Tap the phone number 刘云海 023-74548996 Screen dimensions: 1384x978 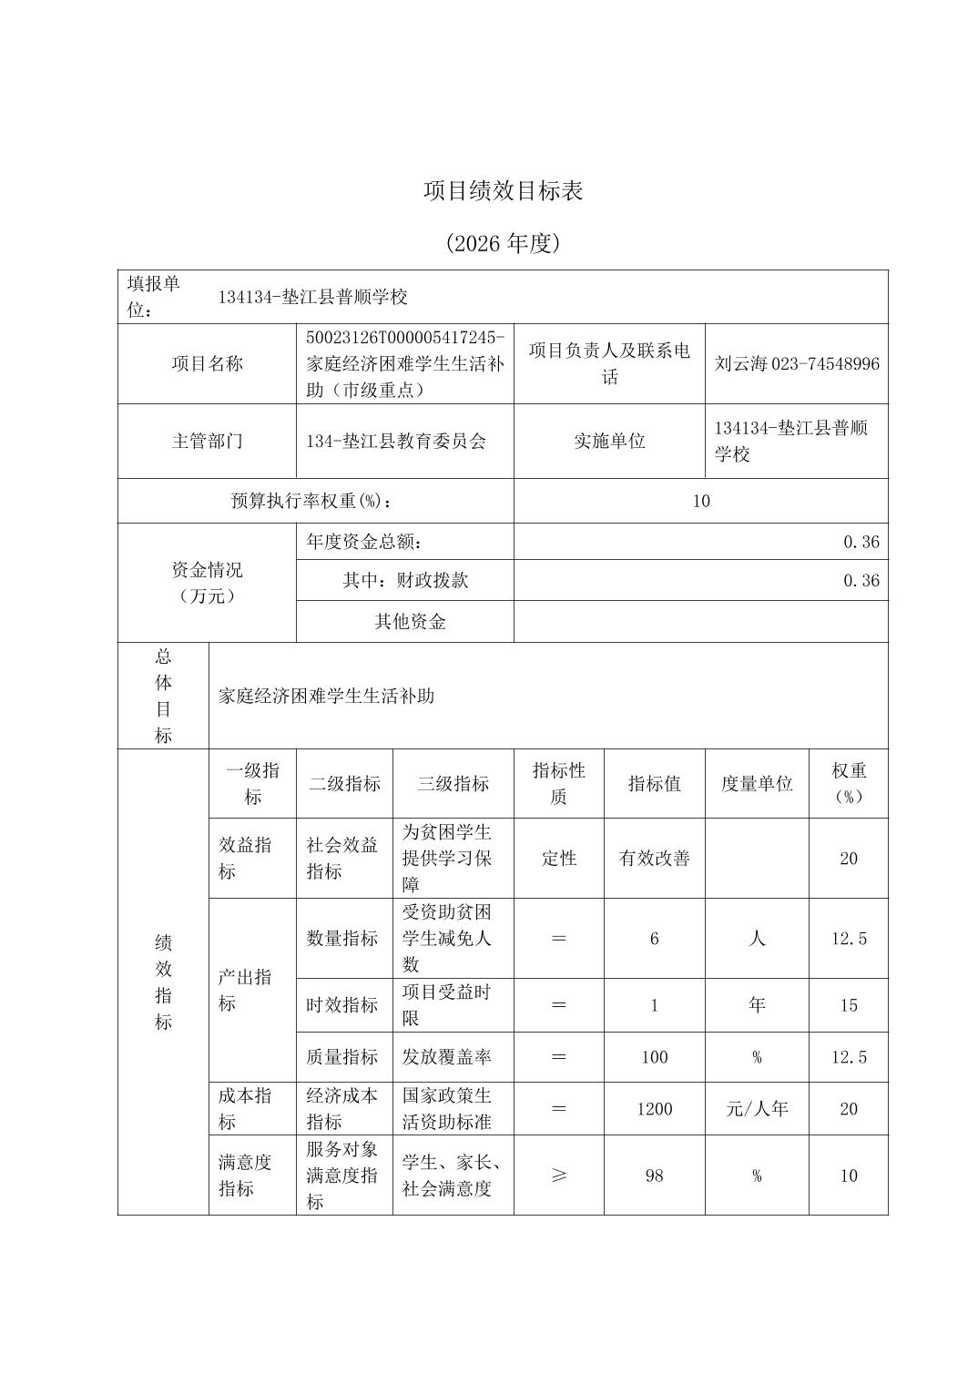click(x=797, y=364)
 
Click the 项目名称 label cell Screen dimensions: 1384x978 click(x=208, y=364)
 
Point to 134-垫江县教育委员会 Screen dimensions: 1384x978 click(x=397, y=442)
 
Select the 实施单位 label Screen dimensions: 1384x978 click(x=609, y=442)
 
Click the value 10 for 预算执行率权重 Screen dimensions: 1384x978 click(x=700, y=501)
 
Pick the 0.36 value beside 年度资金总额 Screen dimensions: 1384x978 click(x=861, y=542)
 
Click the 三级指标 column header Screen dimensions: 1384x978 click(x=453, y=784)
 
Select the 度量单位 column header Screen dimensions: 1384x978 click(x=757, y=784)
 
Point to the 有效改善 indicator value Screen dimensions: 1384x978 click(x=654, y=859)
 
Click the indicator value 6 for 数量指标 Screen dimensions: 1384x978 click(x=654, y=939)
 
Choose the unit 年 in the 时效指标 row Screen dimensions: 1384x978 click(x=757, y=1005)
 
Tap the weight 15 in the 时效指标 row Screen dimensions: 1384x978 click(x=848, y=1005)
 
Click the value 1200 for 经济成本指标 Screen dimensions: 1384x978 click(x=654, y=1109)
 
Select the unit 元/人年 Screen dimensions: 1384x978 click(x=757, y=1109)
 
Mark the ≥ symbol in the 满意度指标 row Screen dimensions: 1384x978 click(x=558, y=1175)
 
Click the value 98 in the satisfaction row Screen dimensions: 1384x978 click(x=654, y=1175)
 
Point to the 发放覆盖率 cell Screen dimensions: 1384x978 click(x=447, y=1057)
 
